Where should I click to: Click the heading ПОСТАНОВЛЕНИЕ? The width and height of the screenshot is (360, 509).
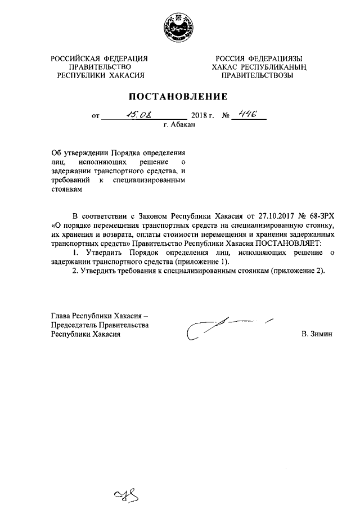coord(179,96)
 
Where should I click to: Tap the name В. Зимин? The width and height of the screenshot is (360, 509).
coord(317,334)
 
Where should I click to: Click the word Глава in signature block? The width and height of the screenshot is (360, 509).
coord(60,316)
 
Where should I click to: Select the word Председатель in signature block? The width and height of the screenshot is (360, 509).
coord(74,325)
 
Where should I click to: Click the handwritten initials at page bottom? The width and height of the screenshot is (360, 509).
coord(127,496)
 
